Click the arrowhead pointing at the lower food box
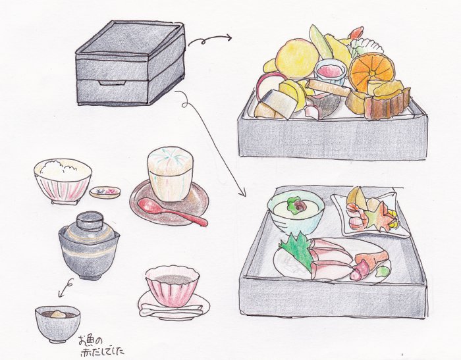[x=241, y=193]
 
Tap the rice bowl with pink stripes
[x=62, y=180]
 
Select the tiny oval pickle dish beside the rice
[x=105, y=192]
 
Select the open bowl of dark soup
[x=57, y=322]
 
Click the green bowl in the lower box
[x=296, y=211]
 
